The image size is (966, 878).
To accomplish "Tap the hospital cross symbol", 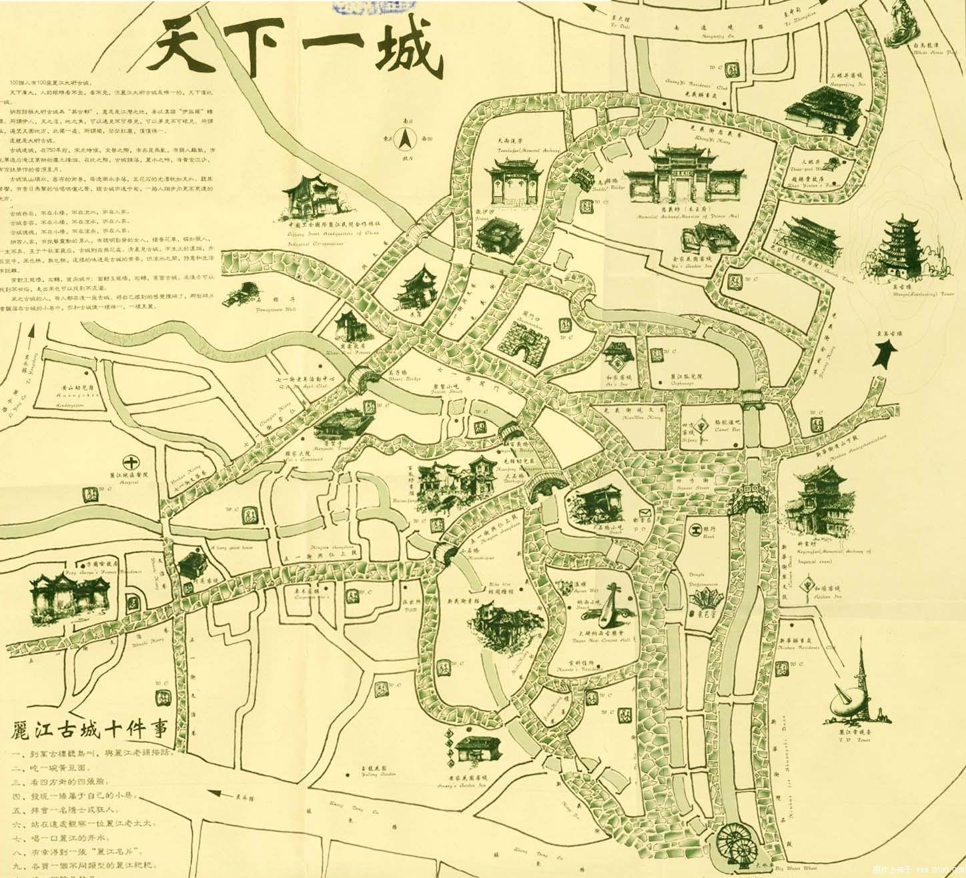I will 132,461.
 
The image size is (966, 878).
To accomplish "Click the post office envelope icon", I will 644,513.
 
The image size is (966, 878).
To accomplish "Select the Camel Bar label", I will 727,426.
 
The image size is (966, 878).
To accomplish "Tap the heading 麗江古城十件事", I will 90,729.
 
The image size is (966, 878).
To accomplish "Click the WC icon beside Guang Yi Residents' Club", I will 732,69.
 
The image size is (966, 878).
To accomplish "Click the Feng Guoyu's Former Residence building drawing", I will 70,596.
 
